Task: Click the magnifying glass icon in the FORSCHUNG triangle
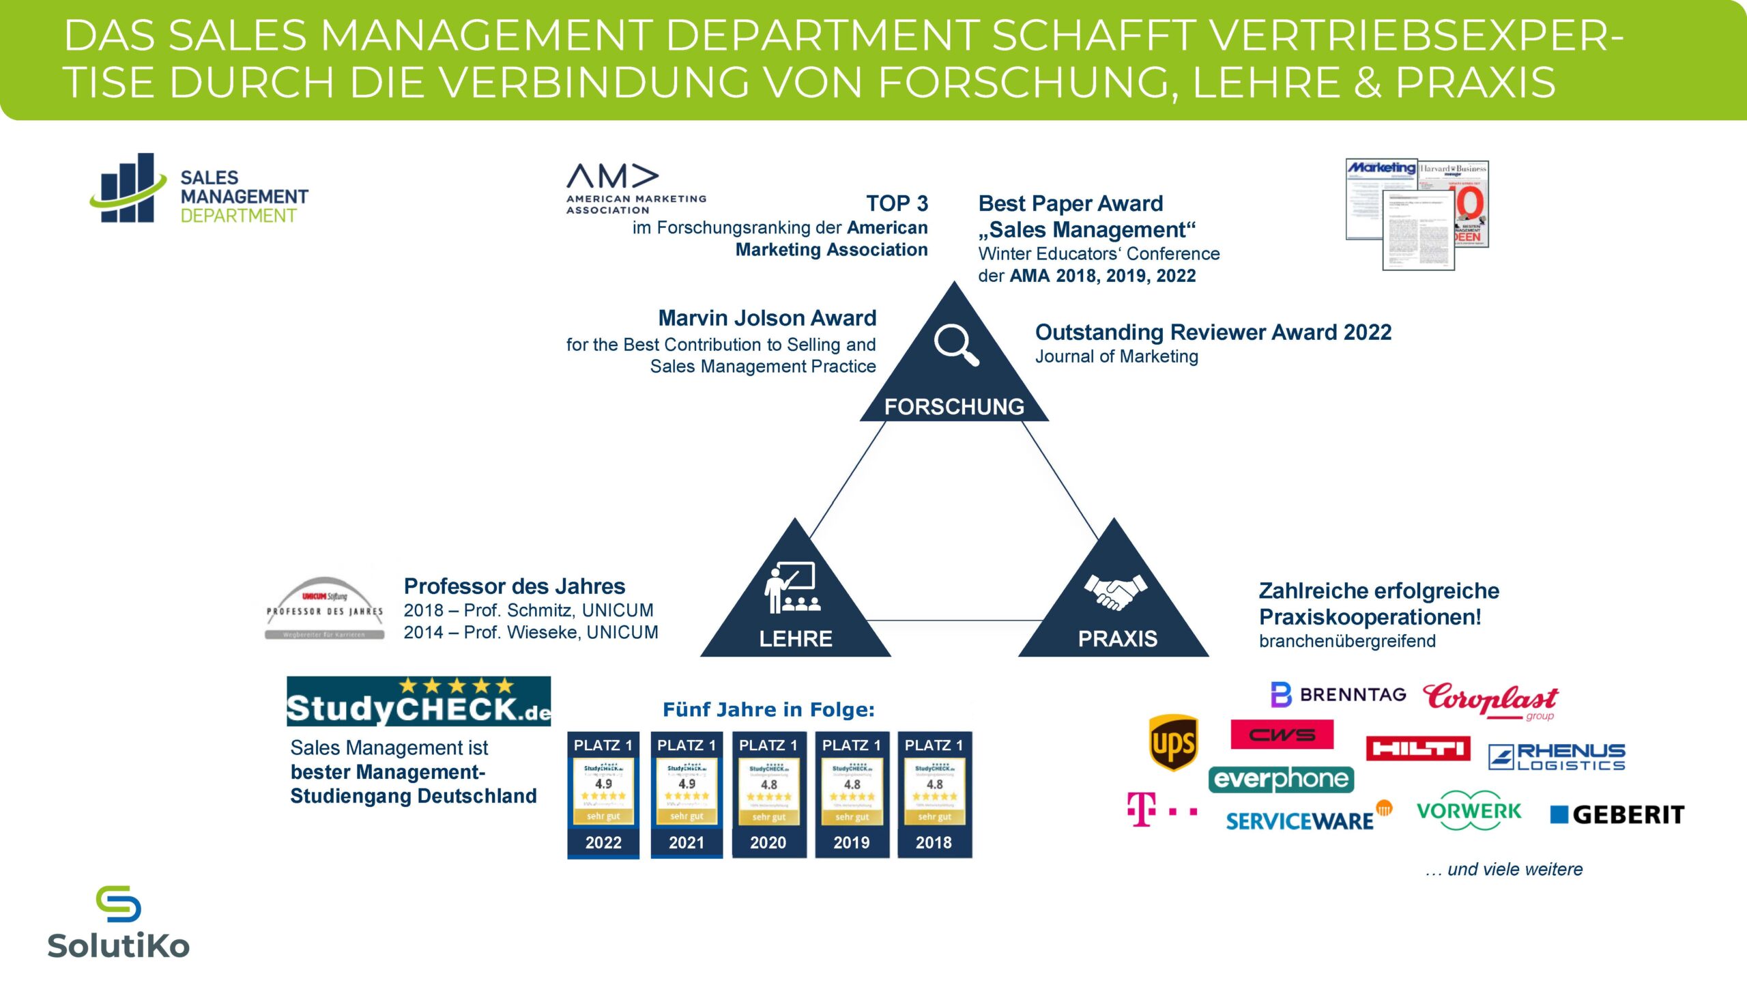pos(956,345)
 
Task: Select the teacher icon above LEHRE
pos(792,588)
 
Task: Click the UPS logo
pos(1173,743)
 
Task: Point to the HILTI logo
pos(1417,749)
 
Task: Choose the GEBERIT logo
pos(1617,814)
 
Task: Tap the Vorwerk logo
pos(1469,811)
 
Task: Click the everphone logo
pos(1281,779)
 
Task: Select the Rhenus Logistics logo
pos(1557,757)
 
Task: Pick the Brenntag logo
pos(1338,695)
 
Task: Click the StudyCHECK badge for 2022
pos(603,795)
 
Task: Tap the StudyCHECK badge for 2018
pos(934,795)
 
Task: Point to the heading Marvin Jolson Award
pos(767,318)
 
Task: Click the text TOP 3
pos(897,203)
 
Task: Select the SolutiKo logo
pos(119,923)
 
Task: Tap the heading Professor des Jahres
pos(515,586)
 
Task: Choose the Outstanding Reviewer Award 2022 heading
pos(1213,332)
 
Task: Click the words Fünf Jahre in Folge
pos(768,710)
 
